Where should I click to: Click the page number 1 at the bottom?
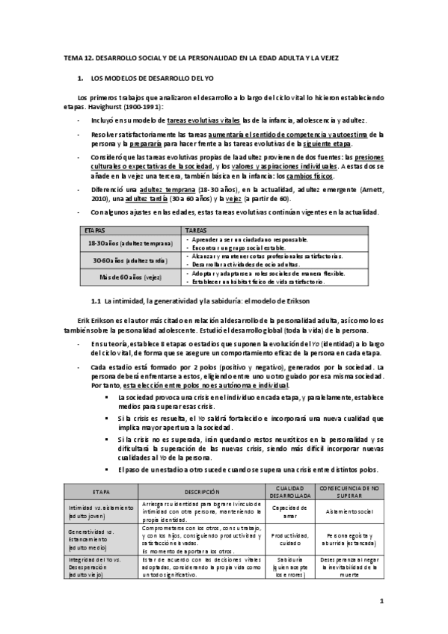pos(381,600)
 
